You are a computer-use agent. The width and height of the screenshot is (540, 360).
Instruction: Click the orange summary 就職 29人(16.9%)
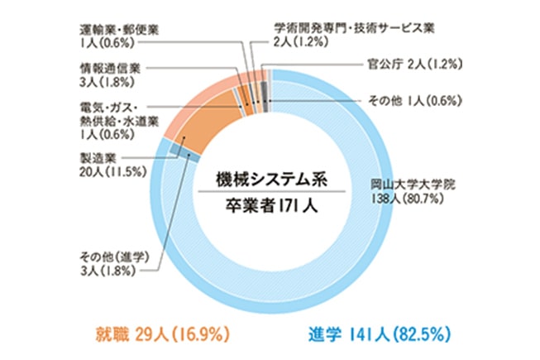coord(157,334)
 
